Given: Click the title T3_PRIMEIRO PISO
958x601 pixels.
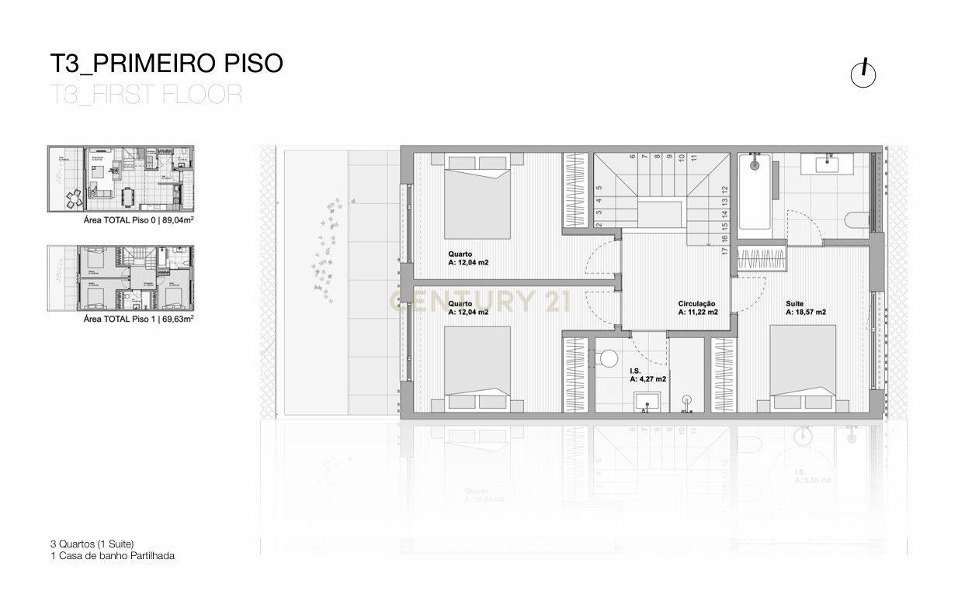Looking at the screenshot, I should click(165, 63).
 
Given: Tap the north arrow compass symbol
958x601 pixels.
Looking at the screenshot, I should click(863, 74).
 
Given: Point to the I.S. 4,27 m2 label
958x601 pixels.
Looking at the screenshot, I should click(648, 376).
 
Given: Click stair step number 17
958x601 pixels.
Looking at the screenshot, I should click(724, 250).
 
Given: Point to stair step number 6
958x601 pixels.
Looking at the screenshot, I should click(633, 157).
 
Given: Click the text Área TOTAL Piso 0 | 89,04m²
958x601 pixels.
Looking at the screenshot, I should click(138, 220).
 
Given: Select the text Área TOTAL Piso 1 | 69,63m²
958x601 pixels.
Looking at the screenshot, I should click(138, 318).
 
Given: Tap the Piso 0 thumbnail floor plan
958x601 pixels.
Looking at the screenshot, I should click(120, 178).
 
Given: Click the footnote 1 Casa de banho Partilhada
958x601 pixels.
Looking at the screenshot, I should click(112, 555).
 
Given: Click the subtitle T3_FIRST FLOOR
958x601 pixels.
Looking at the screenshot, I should click(145, 94).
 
